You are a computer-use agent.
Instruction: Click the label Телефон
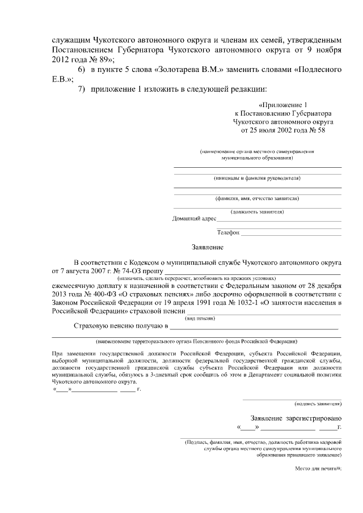[x=228, y=232]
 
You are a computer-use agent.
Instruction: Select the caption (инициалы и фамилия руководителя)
[x=257, y=178]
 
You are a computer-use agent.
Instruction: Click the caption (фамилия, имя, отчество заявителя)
[x=257, y=198]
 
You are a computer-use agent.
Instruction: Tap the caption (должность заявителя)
[x=257, y=211]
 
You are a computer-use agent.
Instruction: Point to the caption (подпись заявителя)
[x=318, y=404]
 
